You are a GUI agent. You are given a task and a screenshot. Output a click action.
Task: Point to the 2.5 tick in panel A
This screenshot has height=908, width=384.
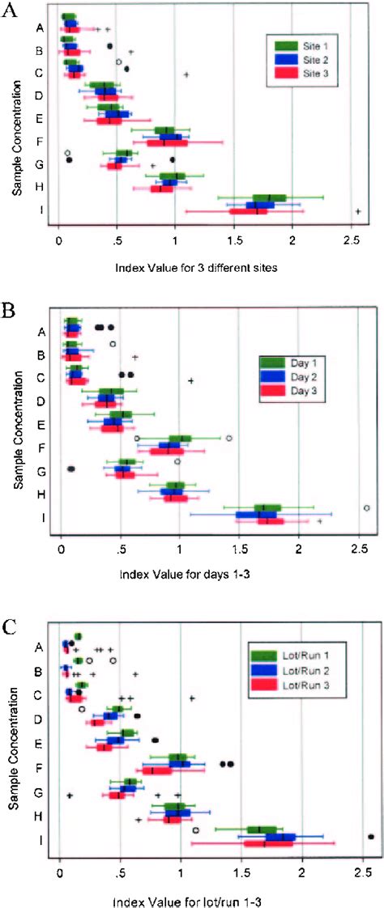[x=351, y=241]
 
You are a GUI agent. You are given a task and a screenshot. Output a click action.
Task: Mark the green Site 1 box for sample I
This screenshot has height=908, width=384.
[x=269, y=197]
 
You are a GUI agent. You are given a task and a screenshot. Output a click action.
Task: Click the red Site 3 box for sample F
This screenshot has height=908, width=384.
[x=169, y=143]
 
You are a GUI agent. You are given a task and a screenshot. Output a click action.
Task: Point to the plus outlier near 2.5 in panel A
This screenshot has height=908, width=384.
[x=357, y=211]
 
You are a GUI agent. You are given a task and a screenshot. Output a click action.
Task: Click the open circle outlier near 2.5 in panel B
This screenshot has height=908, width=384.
[x=367, y=507]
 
